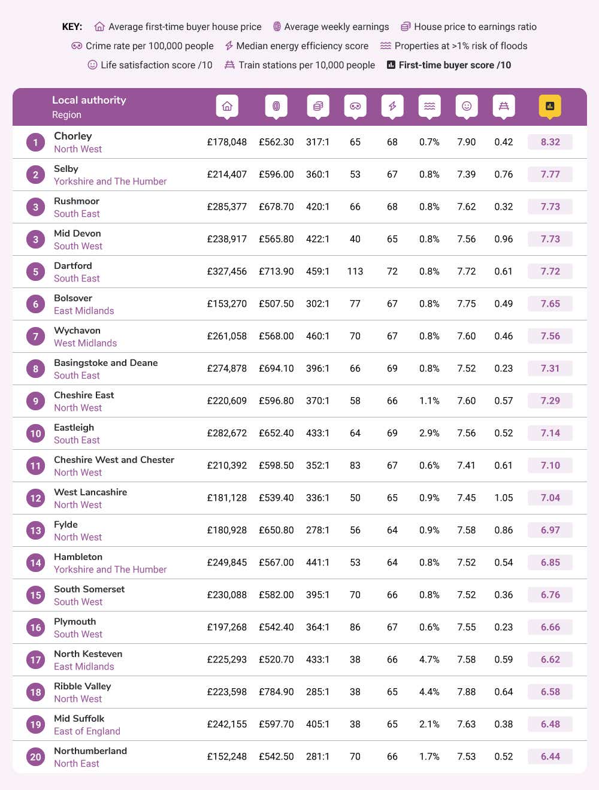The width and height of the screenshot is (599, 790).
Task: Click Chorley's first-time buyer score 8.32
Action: click(550, 142)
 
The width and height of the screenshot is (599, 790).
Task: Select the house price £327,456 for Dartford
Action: click(227, 271)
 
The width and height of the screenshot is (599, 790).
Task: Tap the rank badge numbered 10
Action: click(35, 433)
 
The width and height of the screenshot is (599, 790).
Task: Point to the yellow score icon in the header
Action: click(550, 106)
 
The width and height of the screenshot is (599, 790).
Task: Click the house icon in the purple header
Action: click(227, 106)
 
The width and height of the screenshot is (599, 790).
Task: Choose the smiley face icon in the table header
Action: click(467, 106)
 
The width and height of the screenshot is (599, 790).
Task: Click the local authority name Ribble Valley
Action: click(83, 686)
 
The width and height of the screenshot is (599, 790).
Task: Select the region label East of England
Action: click(87, 731)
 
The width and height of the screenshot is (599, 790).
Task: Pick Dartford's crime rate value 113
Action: click(355, 271)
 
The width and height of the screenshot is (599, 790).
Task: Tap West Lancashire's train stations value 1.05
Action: click(503, 498)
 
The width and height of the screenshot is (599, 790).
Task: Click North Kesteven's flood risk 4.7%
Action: click(429, 659)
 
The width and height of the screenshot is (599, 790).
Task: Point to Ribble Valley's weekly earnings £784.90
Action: click(276, 692)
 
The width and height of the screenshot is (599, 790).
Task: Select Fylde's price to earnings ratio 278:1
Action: click(317, 530)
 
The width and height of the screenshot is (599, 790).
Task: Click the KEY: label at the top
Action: click(72, 26)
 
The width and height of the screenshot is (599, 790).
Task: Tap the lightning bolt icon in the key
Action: click(229, 46)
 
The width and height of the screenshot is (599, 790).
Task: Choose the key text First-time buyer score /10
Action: click(455, 65)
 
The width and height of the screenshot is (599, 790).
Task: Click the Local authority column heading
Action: click(89, 100)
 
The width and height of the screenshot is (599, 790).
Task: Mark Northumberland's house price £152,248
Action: click(227, 756)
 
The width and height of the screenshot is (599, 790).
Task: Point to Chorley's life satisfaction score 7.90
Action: click(466, 142)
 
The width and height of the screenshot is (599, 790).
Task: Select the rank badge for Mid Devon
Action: click(35, 240)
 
